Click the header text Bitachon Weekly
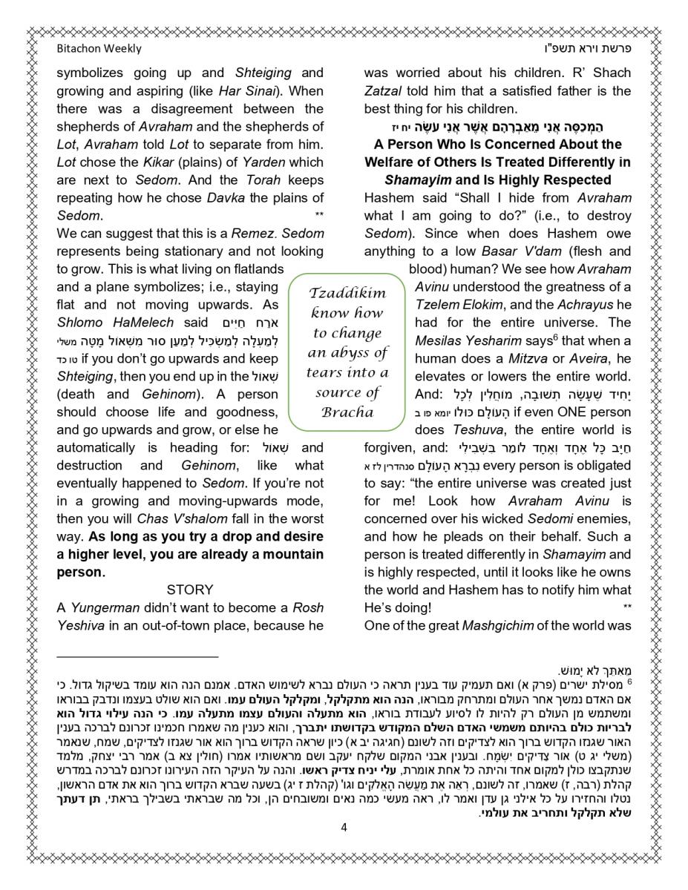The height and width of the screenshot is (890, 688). (99, 49)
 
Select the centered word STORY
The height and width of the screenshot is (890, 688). (190, 590)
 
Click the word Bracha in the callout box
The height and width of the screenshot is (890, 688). (347, 412)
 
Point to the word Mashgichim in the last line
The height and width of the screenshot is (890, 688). (498, 625)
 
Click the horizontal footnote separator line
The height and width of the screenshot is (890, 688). (137, 656)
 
